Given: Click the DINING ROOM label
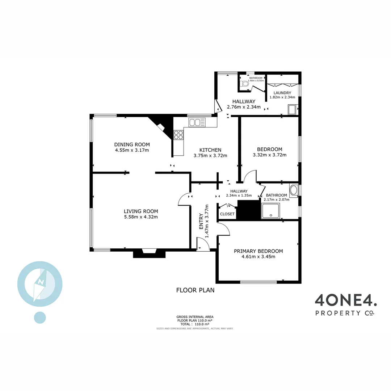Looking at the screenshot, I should pyautogui.click(x=132, y=144).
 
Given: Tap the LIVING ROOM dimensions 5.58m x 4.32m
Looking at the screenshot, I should pyautogui.click(x=141, y=217).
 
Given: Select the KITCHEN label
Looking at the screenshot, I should pyautogui.click(x=210, y=150).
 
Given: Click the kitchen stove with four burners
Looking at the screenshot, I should pyautogui.click(x=178, y=135).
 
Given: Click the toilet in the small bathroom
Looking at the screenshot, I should pyautogui.click(x=245, y=84).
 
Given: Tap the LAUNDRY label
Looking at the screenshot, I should pyautogui.click(x=282, y=93).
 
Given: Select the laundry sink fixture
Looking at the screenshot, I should pyautogui.click(x=292, y=109).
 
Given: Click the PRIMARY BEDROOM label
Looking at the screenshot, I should pyautogui.click(x=258, y=251).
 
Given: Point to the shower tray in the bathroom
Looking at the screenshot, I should pyautogui.click(x=270, y=211).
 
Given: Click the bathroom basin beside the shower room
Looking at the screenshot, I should pyautogui.click(x=293, y=190).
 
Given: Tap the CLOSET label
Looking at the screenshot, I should pyautogui.click(x=227, y=214).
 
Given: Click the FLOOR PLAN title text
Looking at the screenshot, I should pyautogui.click(x=195, y=290).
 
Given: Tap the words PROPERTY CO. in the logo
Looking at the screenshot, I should pyautogui.click(x=345, y=313).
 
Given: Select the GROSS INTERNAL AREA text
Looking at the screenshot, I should pyautogui.click(x=194, y=316).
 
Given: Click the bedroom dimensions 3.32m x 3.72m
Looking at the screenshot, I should pyautogui.click(x=269, y=155).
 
